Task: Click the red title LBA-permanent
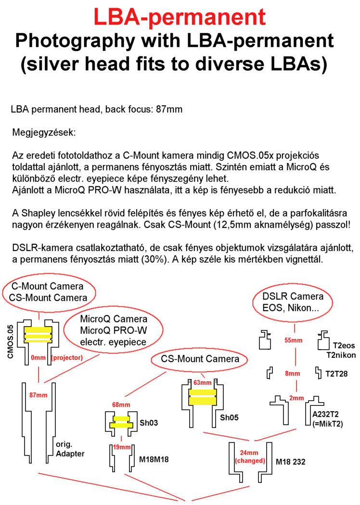point(180,17)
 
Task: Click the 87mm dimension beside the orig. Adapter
point(39,395)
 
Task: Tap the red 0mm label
point(38,357)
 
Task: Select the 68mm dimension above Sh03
point(121,404)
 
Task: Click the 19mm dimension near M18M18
point(122,447)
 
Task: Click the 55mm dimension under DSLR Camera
point(293,341)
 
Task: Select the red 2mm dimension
point(297,398)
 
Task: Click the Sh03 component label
point(149,423)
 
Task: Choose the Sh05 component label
point(230,417)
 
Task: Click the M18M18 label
point(154,459)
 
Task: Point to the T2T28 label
point(337,373)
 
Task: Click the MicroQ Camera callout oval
point(113,330)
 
